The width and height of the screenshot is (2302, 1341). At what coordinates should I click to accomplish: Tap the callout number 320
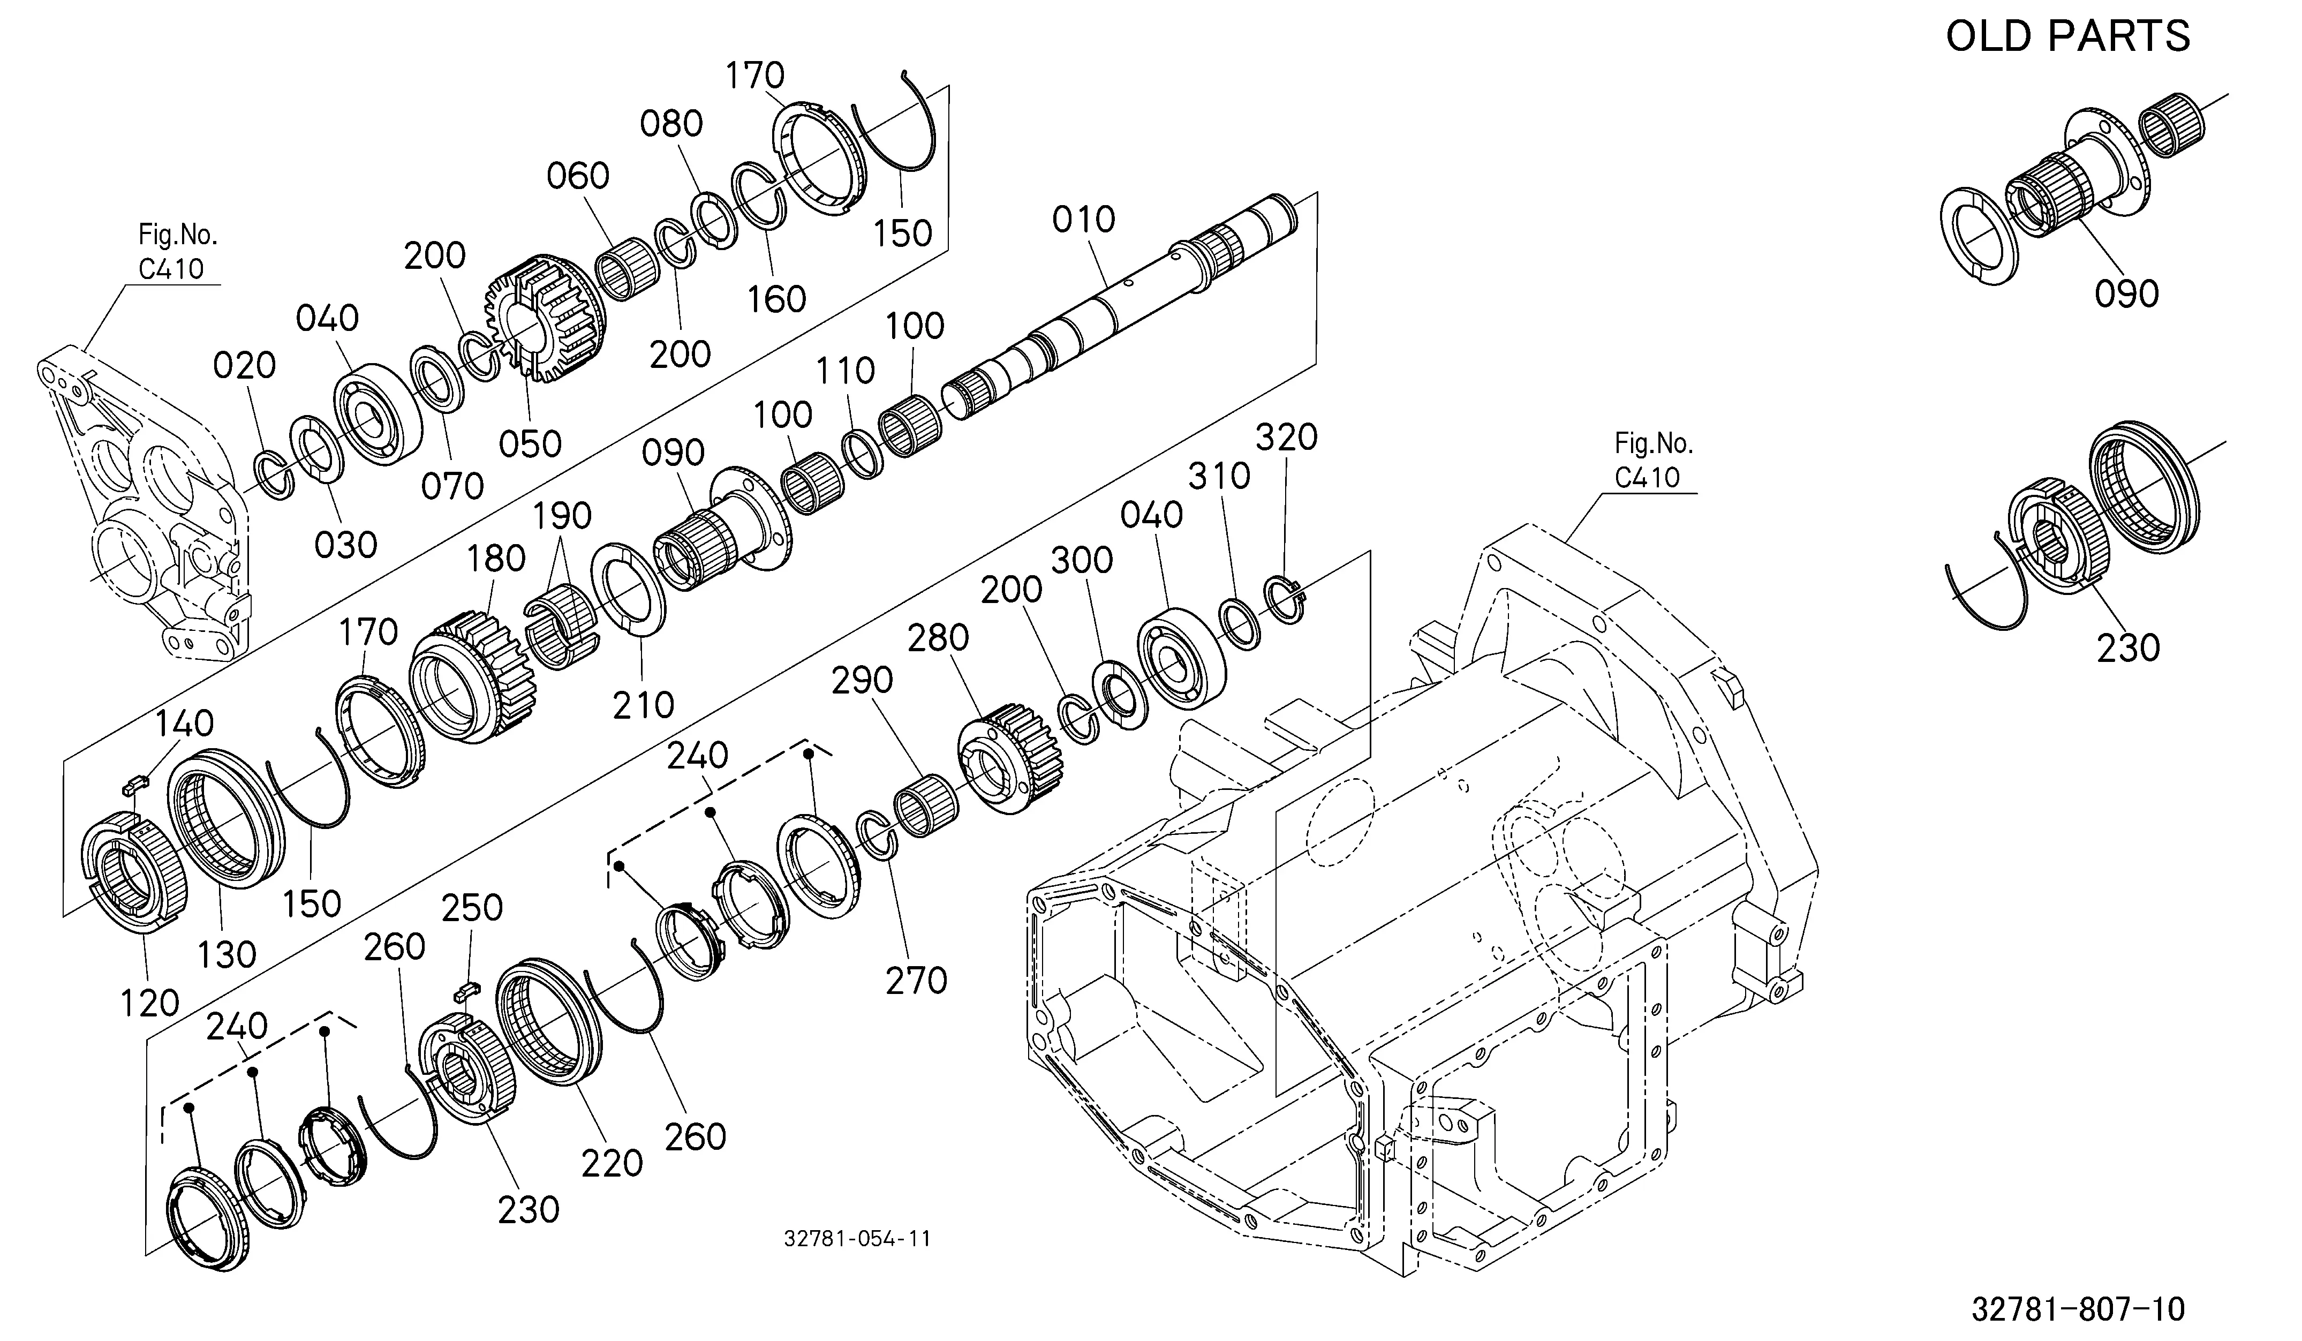tap(1286, 438)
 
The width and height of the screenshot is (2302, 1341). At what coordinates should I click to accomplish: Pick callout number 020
tap(244, 365)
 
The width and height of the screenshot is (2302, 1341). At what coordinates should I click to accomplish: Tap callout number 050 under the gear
tap(530, 444)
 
